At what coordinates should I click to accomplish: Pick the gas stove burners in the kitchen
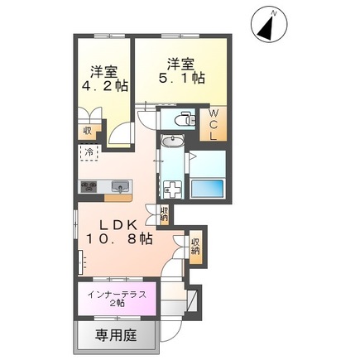(x=89, y=186)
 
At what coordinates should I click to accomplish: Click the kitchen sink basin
(x=119, y=186)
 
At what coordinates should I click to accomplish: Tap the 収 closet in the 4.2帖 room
(x=87, y=129)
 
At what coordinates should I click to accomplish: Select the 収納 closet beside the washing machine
(x=164, y=217)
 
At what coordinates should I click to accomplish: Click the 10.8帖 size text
(x=118, y=239)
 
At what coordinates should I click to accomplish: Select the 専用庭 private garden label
(x=109, y=335)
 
